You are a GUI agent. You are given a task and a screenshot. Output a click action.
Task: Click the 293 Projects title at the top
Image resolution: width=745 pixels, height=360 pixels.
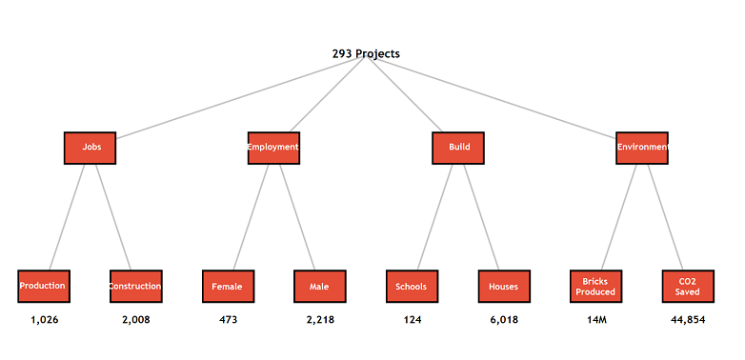pyautogui.click(x=366, y=54)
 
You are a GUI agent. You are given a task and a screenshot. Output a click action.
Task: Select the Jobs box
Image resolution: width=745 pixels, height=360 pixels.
pyautogui.click(x=91, y=148)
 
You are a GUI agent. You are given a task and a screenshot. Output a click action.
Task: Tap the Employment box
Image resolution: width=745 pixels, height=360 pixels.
pyautogui.click(x=273, y=148)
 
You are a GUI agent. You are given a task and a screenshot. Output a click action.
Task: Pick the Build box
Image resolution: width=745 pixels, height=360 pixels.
pyautogui.click(x=458, y=148)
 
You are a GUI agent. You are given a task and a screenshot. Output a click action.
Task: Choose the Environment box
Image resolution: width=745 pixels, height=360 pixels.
pyautogui.click(x=642, y=148)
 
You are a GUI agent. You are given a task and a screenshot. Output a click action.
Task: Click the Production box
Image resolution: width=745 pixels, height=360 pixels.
pyautogui.click(x=43, y=286)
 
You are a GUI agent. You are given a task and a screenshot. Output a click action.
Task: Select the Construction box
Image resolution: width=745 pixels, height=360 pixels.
pyautogui.click(x=135, y=286)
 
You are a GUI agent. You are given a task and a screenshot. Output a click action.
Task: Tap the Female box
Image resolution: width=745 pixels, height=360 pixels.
pyautogui.click(x=228, y=286)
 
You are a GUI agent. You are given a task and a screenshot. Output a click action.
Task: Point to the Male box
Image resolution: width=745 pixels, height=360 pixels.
pyautogui.click(x=319, y=286)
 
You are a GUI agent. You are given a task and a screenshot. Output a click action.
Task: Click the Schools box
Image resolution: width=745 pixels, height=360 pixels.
pyautogui.click(x=412, y=286)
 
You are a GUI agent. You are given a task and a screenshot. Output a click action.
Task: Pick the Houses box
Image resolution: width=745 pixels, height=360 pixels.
pyautogui.click(x=504, y=286)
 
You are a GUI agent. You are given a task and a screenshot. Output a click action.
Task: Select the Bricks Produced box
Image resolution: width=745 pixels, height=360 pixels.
pyautogui.click(x=595, y=286)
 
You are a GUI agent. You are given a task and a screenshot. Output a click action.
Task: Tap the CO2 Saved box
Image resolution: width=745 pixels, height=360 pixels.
pyautogui.click(x=688, y=286)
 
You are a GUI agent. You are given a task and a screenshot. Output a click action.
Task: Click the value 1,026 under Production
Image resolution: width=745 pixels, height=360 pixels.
pyautogui.click(x=44, y=320)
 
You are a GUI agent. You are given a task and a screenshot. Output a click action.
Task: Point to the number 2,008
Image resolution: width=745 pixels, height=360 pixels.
pyautogui.click(x=135, y=320)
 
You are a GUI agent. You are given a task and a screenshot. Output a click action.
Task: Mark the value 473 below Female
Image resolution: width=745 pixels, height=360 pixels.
pyautogui.click(x=228, y=320)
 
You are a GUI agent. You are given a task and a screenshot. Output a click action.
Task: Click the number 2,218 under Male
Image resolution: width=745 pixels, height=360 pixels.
pyautogui.click(x=320, y=320)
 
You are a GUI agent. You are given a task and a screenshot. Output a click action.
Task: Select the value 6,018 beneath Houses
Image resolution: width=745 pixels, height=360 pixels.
pyautogui.click(x=504, y=320)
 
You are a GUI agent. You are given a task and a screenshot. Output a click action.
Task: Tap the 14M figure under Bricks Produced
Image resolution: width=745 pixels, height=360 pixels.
pyautogui.click(x=596, y=320)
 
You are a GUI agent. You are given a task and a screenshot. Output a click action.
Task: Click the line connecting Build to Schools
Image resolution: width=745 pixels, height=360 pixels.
pyautogui.click(x=435, y=216)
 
